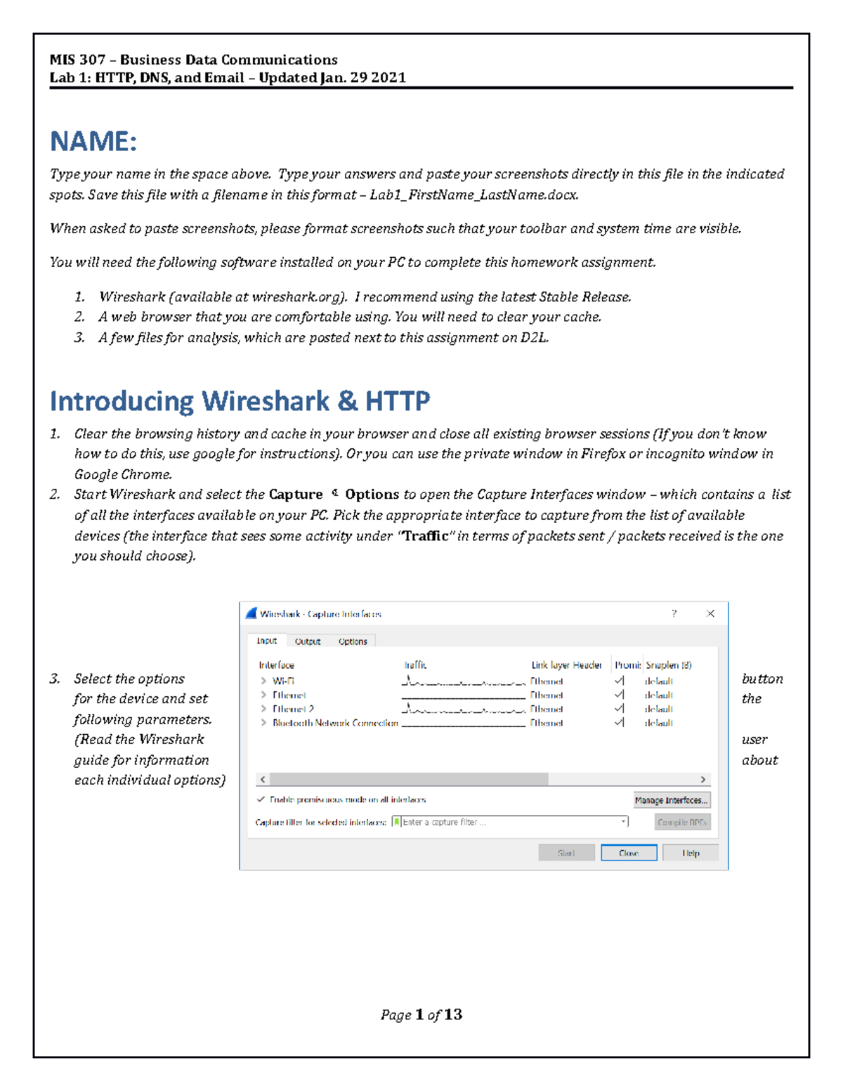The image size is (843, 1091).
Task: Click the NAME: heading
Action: pyautogui.click(x=93, y=142)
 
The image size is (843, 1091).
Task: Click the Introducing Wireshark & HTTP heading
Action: pyautogui.click(x=240, y=401)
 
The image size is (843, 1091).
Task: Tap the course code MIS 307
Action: pyautogui.click(x=77, y=60)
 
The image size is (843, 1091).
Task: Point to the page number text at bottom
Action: pyautogui.click(x=421, y=1014)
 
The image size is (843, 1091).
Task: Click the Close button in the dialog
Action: pyautogui.click(x=629, y=853)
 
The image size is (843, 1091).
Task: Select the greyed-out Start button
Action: pyautogui.click(x=566, y=853)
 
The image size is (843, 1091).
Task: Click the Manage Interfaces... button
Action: pyautogui.click(x=672, y=800)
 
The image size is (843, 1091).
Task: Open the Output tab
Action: pyautogui.click(x=308, y=641)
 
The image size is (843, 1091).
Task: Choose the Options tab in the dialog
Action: pyautogui.click(x=353, y=641)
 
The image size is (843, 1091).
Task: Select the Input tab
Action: pyautogui.click(x=267, y=641)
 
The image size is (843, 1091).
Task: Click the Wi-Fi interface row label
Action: pyautogui.click(x=283, y=681)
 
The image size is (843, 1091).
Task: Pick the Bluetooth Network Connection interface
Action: pyautogui.click(x=335, y=723)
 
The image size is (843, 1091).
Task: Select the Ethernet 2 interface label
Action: pyautogui.click(x=293, y=709)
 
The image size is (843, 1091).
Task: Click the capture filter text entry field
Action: pyautogui.click(x=509, y=822)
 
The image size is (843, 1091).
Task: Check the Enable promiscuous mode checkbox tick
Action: pyautogui.click(x=261, y=799)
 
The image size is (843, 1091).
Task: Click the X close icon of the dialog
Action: pyautogui.click(x=710, y=613)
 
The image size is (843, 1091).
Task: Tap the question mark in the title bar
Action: pyautogui.click(x=674, y=613)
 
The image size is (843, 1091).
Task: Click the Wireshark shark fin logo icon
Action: pyautogui.click(x=251, y=613)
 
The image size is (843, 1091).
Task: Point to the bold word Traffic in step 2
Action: pyautogui.click(x=425, y=536)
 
